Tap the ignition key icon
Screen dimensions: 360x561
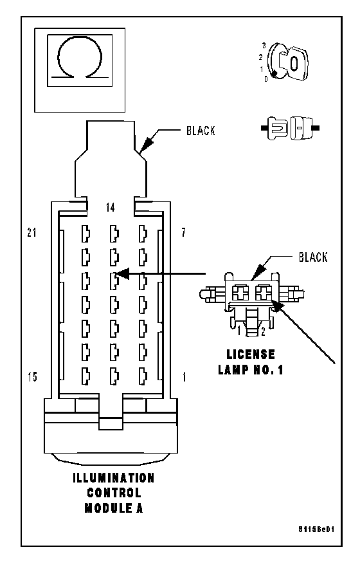[288, 62]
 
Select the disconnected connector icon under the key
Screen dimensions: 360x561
[291, 128]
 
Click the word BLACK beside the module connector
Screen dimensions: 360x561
[201, 131]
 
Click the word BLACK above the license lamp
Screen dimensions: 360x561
[313, 257]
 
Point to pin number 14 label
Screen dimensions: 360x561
[111, 207]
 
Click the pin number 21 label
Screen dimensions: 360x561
[32, 232]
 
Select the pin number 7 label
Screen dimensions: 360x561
[183, 232]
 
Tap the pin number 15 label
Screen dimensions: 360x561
[32, 377]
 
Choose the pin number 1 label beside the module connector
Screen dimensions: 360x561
[184, 377]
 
